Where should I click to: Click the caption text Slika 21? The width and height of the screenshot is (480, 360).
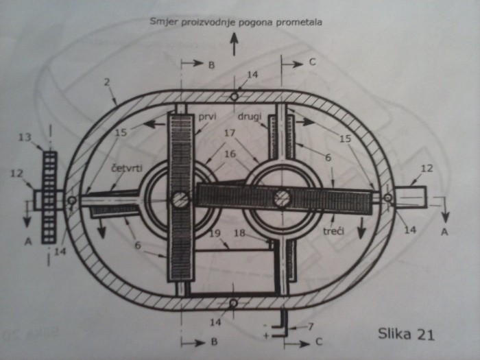pos(406,334)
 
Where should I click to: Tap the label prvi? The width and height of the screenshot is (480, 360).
pos(208,117)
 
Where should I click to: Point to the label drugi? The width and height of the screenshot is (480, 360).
pos(250,117)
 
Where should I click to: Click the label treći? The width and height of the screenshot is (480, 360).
pos(333,230)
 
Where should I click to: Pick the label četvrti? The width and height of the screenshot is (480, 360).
pos(127,168)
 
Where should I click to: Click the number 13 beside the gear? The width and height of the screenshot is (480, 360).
pos(25,137)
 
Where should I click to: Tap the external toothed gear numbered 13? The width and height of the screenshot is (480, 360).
pos(49,197)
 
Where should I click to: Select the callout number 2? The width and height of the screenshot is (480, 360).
pos(107,82)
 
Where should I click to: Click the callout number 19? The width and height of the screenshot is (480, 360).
pos(215,233)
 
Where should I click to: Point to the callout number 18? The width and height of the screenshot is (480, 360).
pos(239,233)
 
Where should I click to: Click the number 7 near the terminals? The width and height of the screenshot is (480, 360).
pos(311,326)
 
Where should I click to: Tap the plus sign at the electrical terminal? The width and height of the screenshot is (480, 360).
pos(266,336)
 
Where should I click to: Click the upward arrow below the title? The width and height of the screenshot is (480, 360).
pos(235,44)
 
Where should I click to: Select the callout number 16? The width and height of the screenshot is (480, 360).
pos(230,154)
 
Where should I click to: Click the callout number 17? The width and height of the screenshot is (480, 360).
pos(229,133)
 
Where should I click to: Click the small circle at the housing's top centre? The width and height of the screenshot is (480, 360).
pos(235,97)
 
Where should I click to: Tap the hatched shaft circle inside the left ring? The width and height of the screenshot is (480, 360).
pos(180,200)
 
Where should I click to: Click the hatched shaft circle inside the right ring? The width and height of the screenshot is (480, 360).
pos(282,198)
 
